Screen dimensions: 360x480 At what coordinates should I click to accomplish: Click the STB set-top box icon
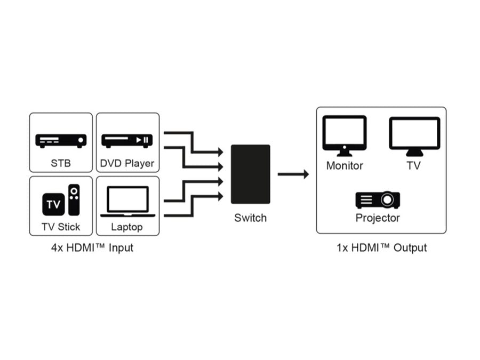[60, 141]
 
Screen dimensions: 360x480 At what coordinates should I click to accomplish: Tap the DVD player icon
[127, 141]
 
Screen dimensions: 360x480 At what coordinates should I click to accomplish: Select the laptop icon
[127, 202]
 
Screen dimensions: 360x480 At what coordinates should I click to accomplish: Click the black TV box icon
[53, 204]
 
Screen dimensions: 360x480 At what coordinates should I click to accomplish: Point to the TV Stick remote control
[74, 199]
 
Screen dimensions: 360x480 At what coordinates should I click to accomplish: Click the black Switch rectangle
[250, 174]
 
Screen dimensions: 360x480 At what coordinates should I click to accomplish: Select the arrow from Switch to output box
[293, 174]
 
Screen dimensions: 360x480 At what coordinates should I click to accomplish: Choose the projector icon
[378, 200]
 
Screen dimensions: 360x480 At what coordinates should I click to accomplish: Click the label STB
[60, 163]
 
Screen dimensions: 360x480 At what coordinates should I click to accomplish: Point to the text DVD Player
[127, 163]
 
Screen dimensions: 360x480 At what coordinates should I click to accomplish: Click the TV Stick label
[60, 227]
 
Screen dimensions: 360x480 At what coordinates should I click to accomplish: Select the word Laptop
[127, 227]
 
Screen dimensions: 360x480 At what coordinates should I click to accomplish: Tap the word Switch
[250, 218]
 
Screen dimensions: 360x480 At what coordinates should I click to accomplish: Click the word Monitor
[345, 166]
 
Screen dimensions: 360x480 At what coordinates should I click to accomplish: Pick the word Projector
[378, 218]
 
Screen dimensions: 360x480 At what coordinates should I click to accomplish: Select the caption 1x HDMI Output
[381, 247]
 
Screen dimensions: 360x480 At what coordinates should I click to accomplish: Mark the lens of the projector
[389, 200]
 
